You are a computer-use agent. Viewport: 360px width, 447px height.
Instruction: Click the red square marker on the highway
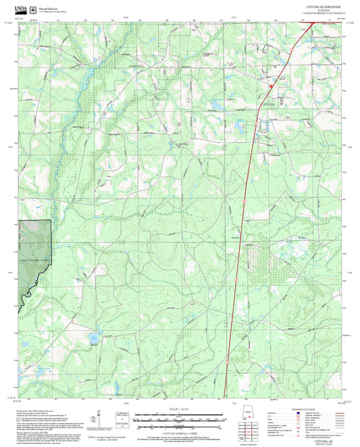(x=270, y=86)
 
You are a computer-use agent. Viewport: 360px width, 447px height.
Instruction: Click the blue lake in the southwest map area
(x=94, y=336)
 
